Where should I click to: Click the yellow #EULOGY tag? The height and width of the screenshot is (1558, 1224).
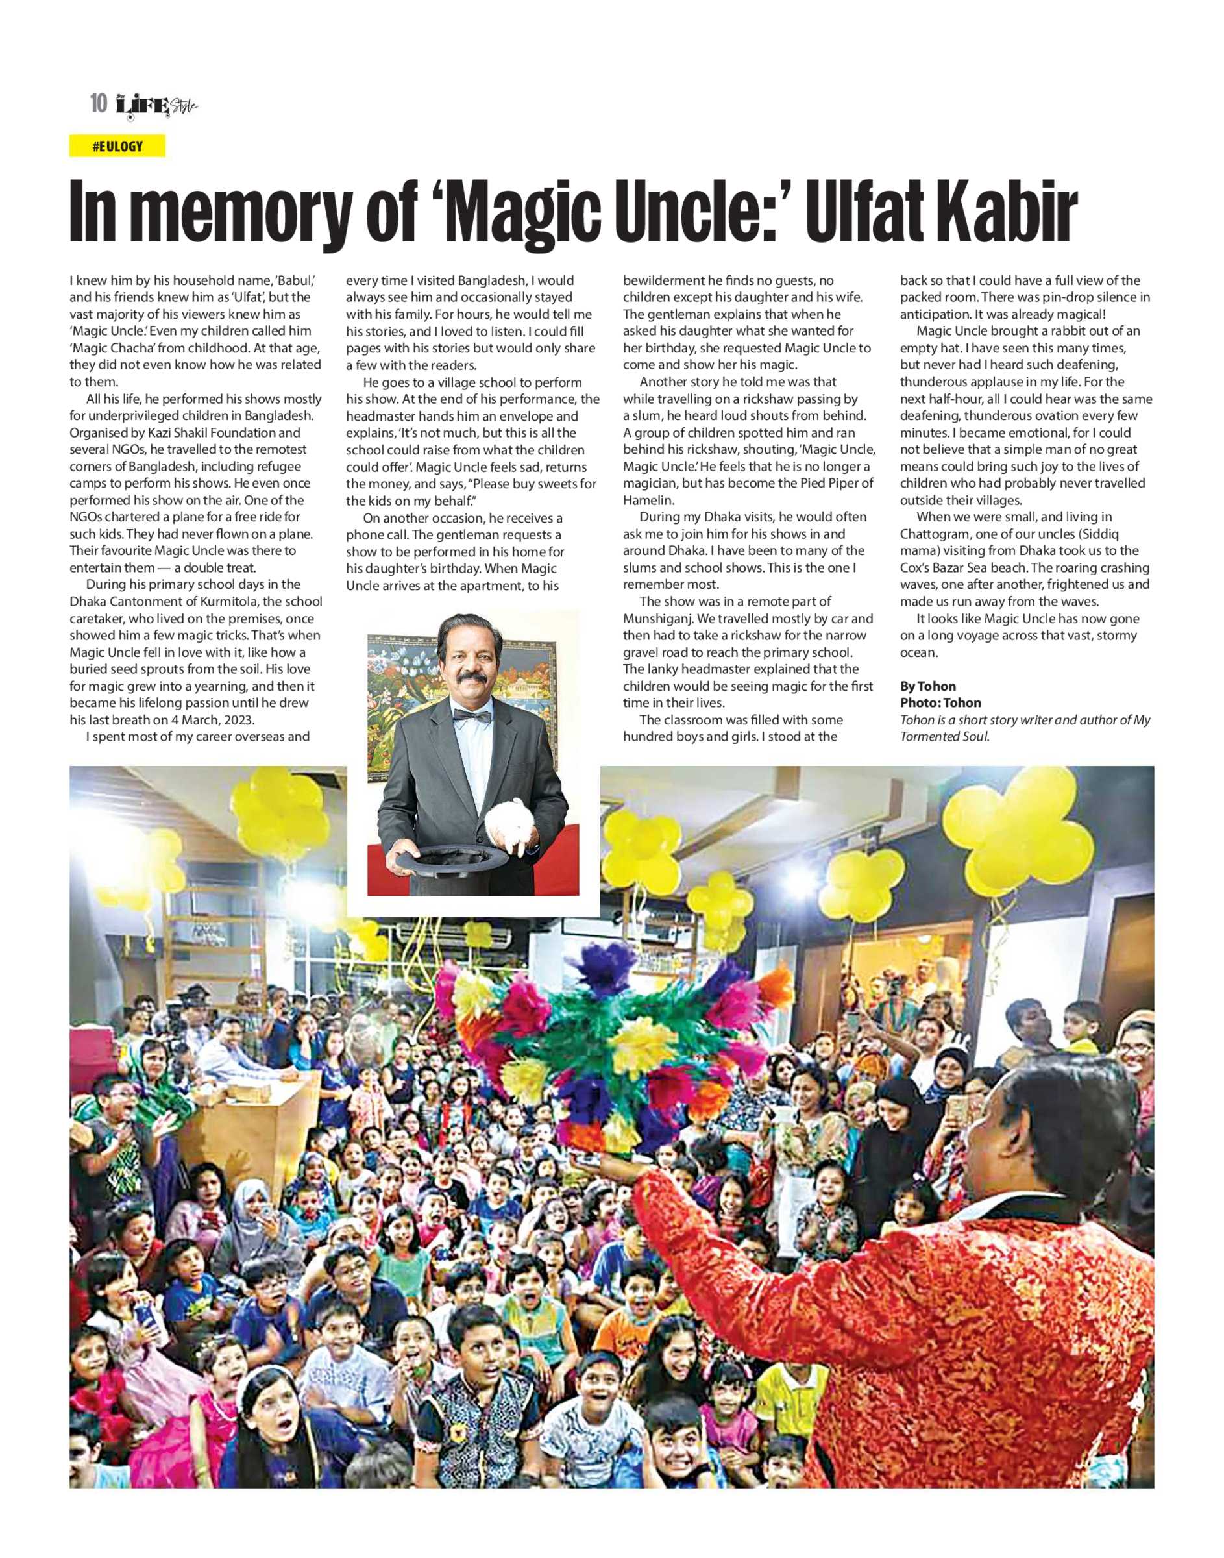click(117, 146)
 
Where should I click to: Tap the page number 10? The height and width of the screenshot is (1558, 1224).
click(98, 105)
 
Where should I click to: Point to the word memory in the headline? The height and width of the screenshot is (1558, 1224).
click(254, 213)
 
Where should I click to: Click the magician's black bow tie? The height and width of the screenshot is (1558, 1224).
click(472, 715)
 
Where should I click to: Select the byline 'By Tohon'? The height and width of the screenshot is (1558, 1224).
click(927, 686)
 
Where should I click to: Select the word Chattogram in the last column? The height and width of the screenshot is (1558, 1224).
click(934, 534)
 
